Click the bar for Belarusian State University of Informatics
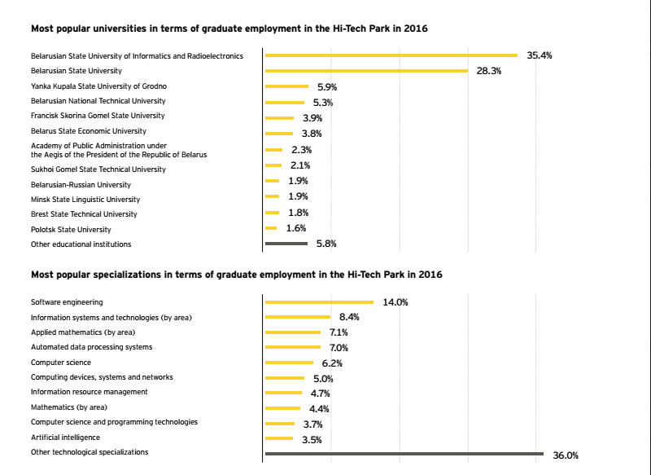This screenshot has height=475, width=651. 391,55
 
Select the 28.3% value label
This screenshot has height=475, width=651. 488,71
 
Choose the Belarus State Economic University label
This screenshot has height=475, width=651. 89,131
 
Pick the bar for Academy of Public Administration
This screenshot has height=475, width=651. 273,150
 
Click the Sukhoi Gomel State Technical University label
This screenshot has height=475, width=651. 98,169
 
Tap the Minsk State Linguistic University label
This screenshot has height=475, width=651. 85,200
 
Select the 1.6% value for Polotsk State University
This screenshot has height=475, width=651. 295,228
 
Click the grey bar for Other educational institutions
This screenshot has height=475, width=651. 286,244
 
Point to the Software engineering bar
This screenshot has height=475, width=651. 319,302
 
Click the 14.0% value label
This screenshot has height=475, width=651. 395,302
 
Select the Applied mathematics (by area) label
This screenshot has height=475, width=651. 83,332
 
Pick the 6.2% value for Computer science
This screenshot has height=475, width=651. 332,363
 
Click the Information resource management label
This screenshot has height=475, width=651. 90,392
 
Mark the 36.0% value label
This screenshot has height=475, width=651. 566,455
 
